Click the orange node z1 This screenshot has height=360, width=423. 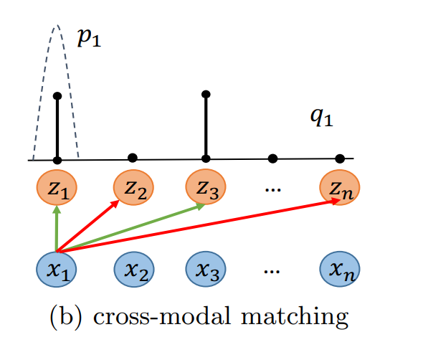(57, 189)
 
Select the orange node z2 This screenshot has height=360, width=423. (134, 189)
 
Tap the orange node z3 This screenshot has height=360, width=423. (206, 189)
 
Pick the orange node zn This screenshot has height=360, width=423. (340, 189)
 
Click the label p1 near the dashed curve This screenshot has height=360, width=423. (89, 38)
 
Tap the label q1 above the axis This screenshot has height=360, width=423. (321, 116)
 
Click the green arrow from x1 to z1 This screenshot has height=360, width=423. (57, 228)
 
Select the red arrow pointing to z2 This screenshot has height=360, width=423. (90, 226)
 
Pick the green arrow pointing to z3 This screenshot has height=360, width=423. (129, 228)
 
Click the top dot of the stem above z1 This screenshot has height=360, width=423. (57, 95)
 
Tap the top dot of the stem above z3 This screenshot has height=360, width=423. (206, 94)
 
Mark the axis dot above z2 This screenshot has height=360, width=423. (132, 158)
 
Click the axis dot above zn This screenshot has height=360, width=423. (340, 158)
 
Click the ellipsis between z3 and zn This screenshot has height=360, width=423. (272, 189)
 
